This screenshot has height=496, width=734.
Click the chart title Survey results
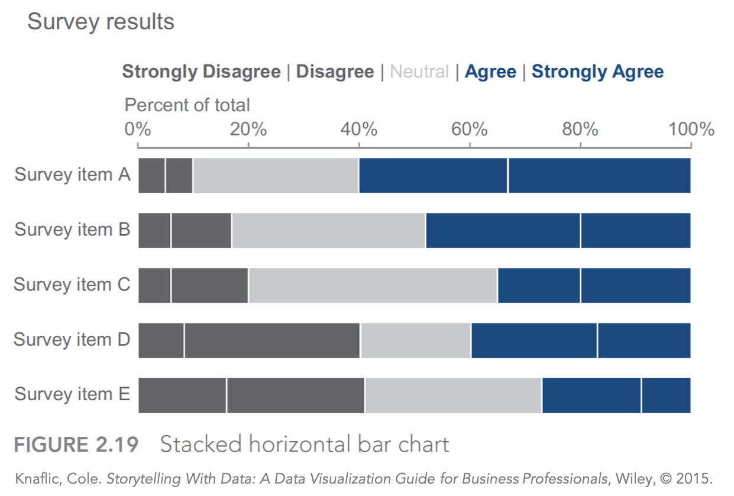point(101,22)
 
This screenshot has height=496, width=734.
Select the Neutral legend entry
point(420,72)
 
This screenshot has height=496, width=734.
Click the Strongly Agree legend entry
point(597,72)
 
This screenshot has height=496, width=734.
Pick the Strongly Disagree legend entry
point(201,72)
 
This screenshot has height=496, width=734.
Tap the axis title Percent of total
point(187,105)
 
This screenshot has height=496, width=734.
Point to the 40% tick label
point(358,129)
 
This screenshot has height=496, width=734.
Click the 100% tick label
point(691,129)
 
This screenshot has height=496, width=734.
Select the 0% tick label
point(137,129)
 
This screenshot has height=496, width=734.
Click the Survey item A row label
point(72,175)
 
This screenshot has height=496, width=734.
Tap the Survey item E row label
point(72,394)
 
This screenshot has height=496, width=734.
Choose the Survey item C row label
point(72,284)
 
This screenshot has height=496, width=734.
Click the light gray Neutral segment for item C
point(373,285)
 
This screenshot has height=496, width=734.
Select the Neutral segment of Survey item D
point(415,340)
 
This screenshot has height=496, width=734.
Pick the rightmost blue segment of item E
point(666,395)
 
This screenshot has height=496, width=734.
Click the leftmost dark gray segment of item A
point(151,176)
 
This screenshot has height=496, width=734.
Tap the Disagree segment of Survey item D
point(272,340)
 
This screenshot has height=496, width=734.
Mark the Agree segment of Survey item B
point(503,230)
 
